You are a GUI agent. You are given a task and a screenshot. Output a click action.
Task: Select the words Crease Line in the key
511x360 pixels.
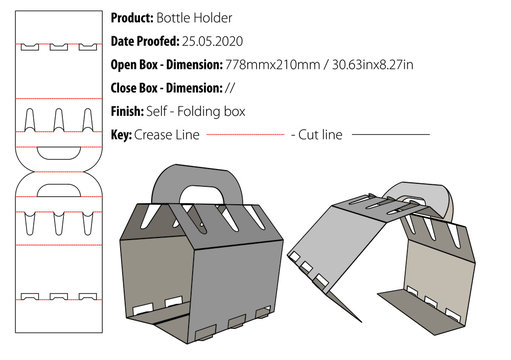tap(169, 134)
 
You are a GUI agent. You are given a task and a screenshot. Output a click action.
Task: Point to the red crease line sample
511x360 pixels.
tap(245, 134)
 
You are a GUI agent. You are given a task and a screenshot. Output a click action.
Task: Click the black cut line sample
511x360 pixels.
tap(390, 134)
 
